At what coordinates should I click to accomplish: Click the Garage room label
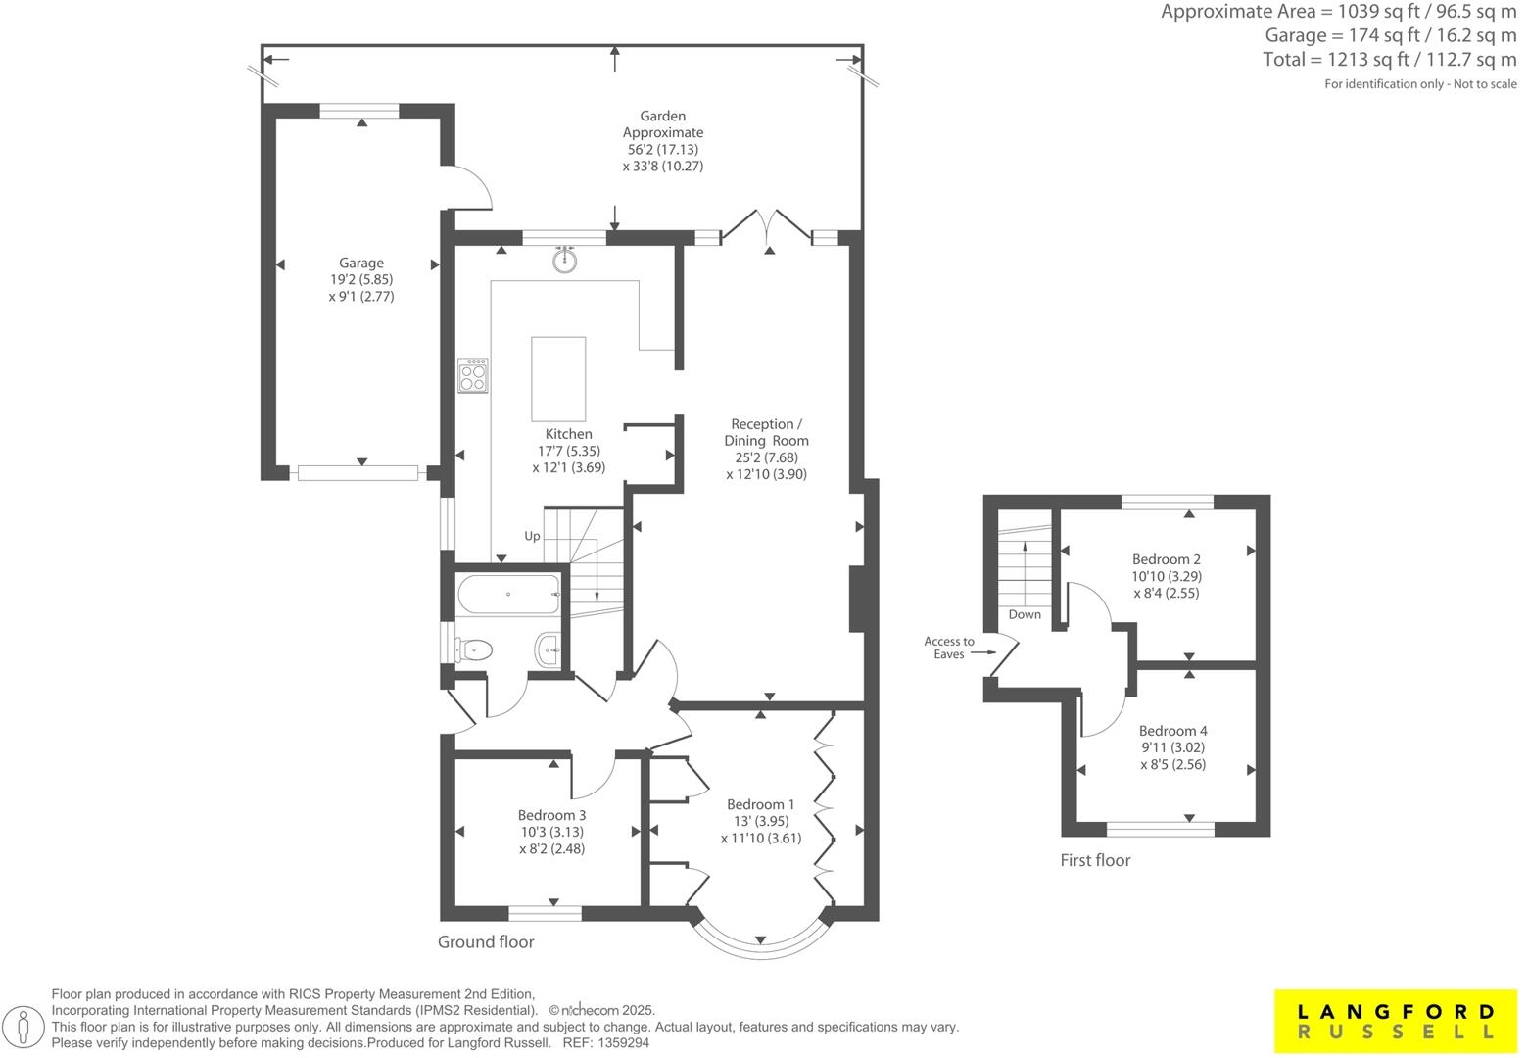[360, 263]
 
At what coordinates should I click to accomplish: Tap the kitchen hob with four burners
[473, 375]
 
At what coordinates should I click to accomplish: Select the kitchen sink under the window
[564, 261]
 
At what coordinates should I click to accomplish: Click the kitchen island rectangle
[558, 378]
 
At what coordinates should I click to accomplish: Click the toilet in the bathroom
[475, 648]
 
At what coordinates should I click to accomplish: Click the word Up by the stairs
[532, 536]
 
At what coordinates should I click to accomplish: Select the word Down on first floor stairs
[1025, 615]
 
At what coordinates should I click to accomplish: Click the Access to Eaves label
[948, 648]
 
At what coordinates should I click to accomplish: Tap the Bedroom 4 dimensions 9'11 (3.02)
[1172, 747]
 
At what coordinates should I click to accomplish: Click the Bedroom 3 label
[551, 815]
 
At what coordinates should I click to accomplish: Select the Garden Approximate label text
[663, 124]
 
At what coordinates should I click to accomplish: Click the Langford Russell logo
[1395, 1022]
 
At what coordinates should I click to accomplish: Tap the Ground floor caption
[486, 942]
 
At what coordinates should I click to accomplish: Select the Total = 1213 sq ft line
[1389, 60]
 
